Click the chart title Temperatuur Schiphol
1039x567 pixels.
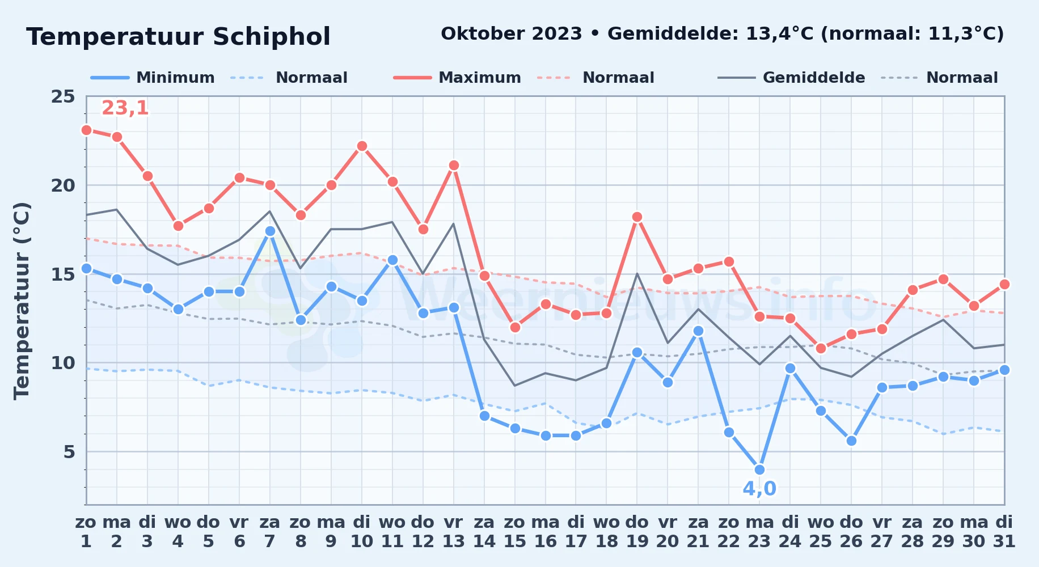[178, 37]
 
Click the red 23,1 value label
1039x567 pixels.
[125, 108]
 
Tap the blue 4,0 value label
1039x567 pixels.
[759, 489]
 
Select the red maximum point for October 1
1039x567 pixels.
[86, 130]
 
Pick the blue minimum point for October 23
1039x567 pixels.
[759, 469]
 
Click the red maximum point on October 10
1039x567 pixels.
[362, 146]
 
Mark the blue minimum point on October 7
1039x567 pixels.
[270, 231]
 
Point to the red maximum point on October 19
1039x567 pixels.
[637, 217]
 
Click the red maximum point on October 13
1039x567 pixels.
[454, 165]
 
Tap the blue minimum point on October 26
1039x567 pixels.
[851, 441]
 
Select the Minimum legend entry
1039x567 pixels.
[153, 78]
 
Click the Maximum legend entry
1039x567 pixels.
[457, 78]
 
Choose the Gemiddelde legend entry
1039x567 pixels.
[792, 78]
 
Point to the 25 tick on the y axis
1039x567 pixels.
[63, 96]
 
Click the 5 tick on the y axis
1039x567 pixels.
[69, 452]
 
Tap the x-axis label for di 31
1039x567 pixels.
[1004, 531]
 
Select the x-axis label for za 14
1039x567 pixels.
[484, 531]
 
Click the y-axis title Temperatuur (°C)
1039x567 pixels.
[22, 301]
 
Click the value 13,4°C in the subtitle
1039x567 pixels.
[779, 33]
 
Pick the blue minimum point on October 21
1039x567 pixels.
[698, 331]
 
